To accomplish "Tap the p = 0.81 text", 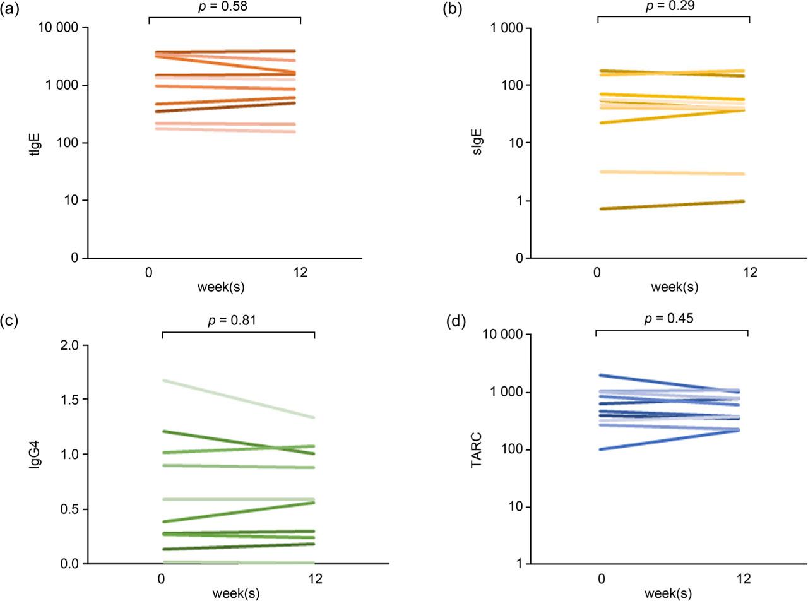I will click(238, 320).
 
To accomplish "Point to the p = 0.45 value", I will click(672, 318).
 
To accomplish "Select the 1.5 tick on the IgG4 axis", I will click(68, 400).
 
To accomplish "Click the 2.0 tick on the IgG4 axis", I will click(68, 345).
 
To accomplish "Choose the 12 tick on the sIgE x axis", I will click(749, 273).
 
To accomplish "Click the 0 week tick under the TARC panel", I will click(601, 579).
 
